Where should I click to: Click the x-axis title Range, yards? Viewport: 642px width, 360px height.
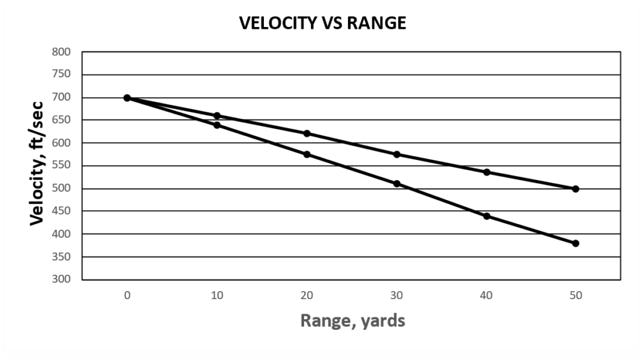coord(352,321)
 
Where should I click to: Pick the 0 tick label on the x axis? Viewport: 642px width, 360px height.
coord(127,295)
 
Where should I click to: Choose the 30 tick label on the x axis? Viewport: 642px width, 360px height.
coord(396,295)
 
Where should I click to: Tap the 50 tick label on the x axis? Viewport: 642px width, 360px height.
coord(576,295)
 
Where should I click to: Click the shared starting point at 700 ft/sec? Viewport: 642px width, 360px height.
coord(127,98)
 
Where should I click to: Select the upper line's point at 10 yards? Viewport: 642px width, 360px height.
coord(217,115)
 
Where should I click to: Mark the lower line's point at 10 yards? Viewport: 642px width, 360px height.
coord(217,125)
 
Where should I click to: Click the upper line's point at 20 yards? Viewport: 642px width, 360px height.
coord(307,134)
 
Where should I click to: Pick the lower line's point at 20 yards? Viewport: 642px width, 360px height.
coord(307,154)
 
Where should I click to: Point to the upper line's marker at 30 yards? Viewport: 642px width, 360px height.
coord(396,154)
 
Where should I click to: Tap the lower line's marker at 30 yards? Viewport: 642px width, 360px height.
coord(396,184)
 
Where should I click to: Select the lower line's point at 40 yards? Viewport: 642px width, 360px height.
coord(486,216)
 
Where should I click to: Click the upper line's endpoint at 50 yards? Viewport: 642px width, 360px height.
coord(576,189)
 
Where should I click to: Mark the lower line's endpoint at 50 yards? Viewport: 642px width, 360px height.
coord(576,243)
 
